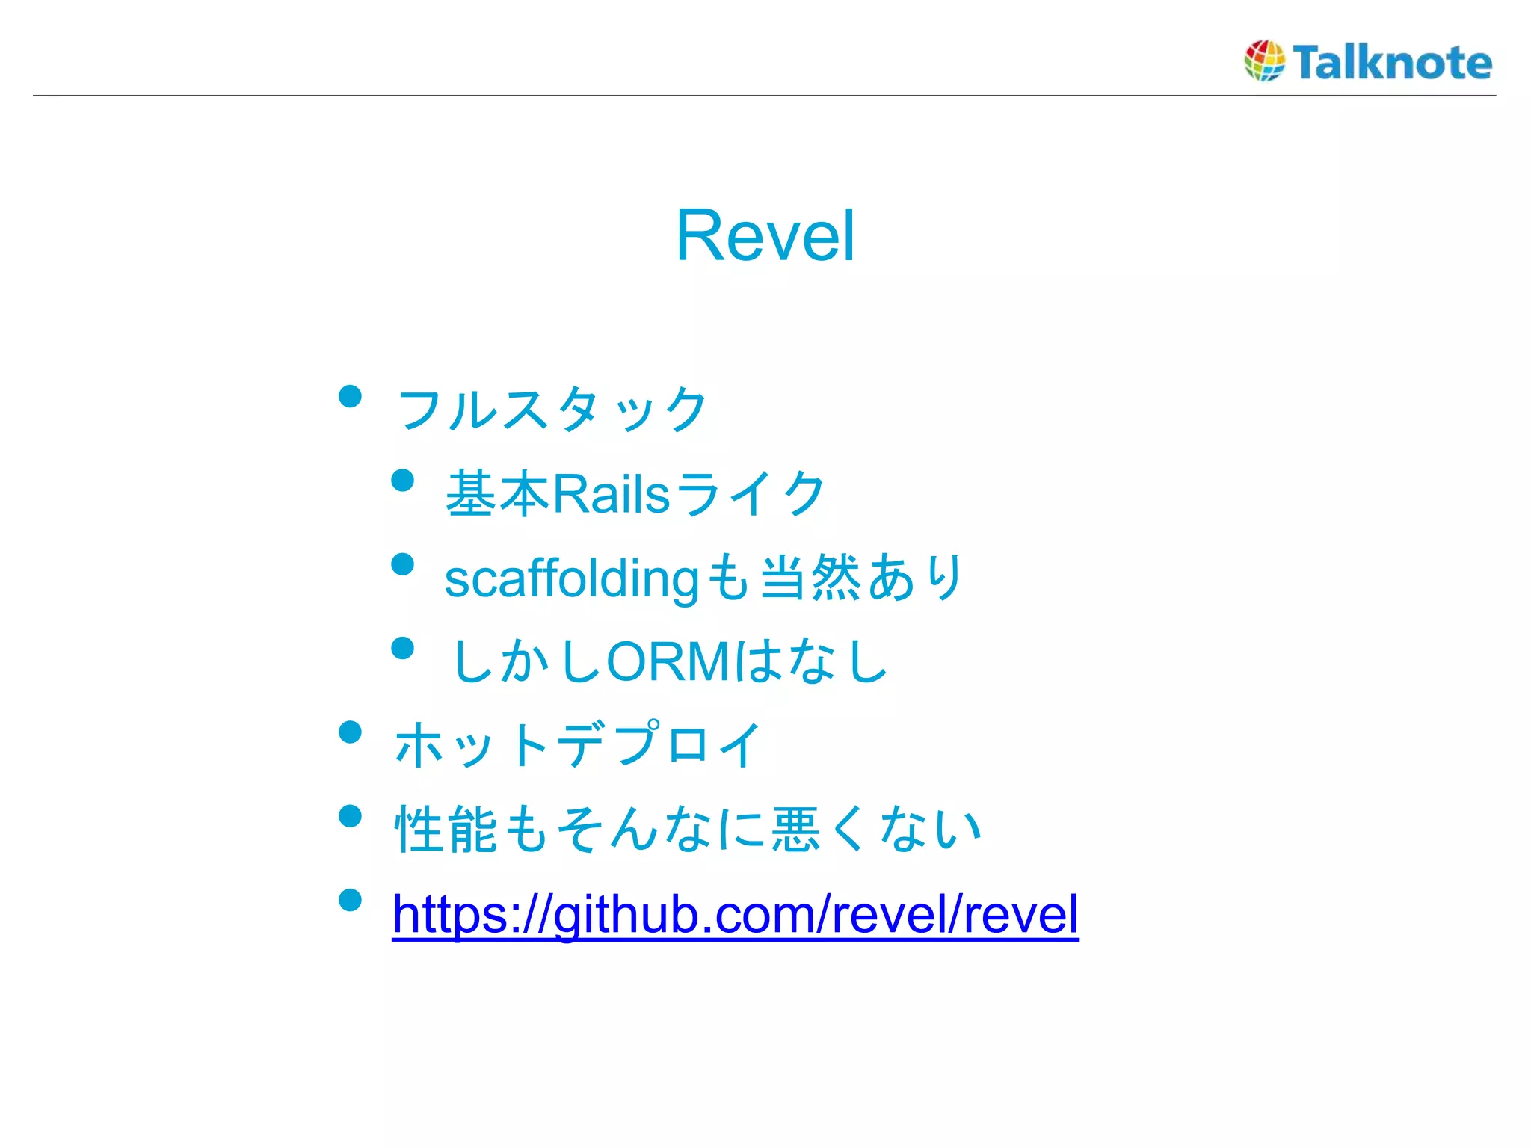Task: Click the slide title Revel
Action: pos(765,235)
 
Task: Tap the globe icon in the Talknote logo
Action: pos(1264,61)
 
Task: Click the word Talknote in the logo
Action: pos(1392,62)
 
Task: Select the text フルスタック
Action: pos(552,410)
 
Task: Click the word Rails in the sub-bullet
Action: pos(611,494)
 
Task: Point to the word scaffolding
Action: pos(571,579)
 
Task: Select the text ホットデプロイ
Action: pos(577,745)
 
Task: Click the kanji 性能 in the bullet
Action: pos(446,830)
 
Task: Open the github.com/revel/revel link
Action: pos(736,914)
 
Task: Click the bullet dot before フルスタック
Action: pos(350,395)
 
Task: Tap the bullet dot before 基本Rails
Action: pos(403,480)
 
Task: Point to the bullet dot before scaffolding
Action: pos(403,564)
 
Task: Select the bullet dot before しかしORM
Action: pos(403,648)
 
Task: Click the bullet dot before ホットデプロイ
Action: pos(350,732)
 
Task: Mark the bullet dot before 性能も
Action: pos(350,815)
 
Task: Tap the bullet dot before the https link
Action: pos(350,900)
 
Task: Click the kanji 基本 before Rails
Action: pos(497,494)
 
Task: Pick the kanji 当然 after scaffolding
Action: pos(810,578)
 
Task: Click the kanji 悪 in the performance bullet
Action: pos(796,830)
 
